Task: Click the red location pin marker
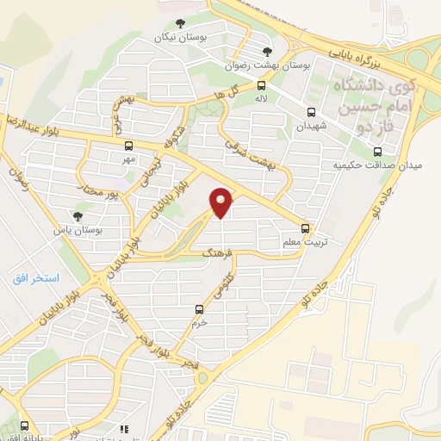(221, 202)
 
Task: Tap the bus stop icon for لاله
(261, 85)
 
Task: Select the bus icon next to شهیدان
(312, 111)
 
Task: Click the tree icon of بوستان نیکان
(179, 24)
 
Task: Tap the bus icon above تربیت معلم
(306, 228)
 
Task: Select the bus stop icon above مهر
(128, 146)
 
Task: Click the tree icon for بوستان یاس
(79, 216)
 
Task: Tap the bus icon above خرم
(200, 308)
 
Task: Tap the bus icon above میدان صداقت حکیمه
(377, 149)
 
